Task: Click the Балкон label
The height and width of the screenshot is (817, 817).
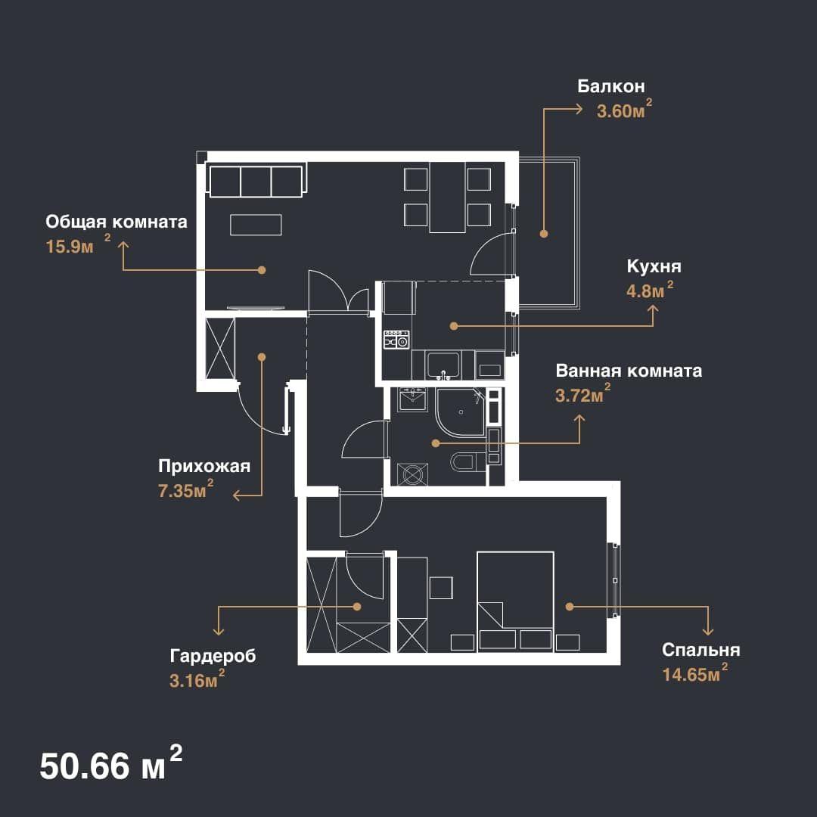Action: coord(610,86)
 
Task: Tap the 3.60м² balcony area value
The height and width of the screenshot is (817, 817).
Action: coord(624,110)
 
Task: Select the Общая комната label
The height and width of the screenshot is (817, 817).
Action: coord(116,222)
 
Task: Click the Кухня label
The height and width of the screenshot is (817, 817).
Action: coord(654,266)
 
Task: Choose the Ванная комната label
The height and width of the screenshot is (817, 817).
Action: coord(629,371)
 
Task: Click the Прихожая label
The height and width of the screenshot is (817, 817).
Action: coord(204,466)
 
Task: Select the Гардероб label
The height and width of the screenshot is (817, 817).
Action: coord(213,655)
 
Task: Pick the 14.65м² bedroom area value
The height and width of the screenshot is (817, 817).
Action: coord(695,673)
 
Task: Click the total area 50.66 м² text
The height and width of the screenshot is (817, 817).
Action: coord(111,764)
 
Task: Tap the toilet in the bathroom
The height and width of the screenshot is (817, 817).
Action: coord(463,461)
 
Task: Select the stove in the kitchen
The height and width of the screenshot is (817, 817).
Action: coord(396,340)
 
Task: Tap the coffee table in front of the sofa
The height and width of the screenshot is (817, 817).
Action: coord(256,225)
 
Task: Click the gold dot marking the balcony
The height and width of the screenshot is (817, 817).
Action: coord(543,234)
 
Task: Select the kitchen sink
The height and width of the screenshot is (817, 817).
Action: coord(443,365)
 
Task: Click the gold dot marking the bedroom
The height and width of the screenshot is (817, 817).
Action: coord(570,607)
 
